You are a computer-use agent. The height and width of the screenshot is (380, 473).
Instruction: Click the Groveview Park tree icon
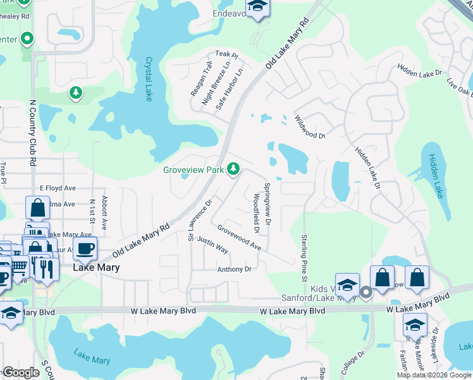pyautogui.click(x=234, y=168)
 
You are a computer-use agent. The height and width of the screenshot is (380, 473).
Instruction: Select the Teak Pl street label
pyautogui.click(x=226, y=55)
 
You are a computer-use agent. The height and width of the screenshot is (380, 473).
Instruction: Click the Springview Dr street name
pyautogui.click(x=267, y=205)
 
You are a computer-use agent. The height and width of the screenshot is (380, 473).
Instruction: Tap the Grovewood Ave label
pyautogui.click(x=239, y=236)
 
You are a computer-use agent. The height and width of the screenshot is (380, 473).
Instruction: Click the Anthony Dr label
pyautogui.click(x=235, y=269)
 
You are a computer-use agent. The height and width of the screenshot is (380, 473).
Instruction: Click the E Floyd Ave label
pyautogui.click(x=58, y=188)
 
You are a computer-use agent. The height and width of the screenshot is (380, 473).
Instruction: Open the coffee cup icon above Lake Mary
pyautogui.click(x=85, y=248)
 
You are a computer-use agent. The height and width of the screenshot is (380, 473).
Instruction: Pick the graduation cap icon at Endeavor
pyautogui.click(x=258, y=7)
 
